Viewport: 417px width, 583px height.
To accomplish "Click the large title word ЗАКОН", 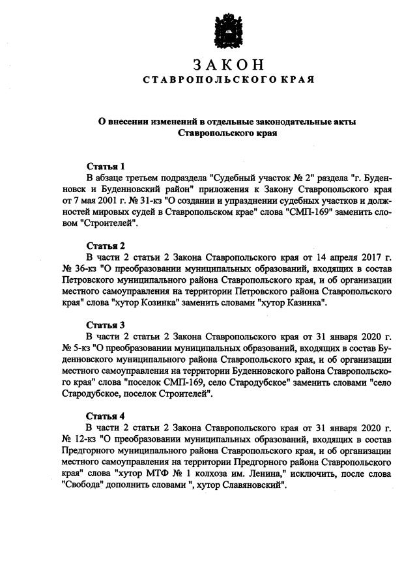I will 229,64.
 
